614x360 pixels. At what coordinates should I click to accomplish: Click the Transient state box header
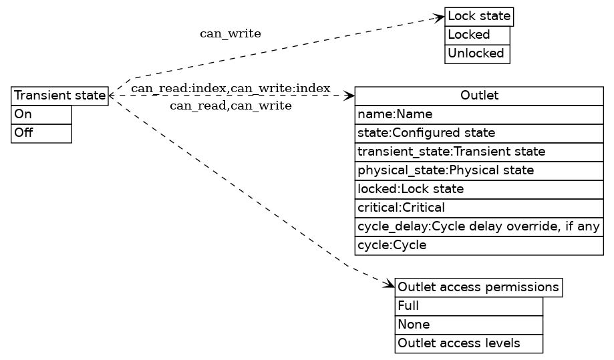pyautogui.click(x=59, y=96)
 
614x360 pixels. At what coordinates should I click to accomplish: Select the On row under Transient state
pyautogui.click(x=41, y=114)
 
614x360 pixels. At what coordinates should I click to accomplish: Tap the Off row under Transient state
pyautogui.click(x=41, y=133)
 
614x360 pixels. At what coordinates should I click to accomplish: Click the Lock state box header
pyautogui.click(x=479, y=16)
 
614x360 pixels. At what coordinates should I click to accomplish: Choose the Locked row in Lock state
pyautogui.click(x=477, y=35)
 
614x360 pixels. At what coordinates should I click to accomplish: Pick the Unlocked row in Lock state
pyautogui.click(x=477, y=53)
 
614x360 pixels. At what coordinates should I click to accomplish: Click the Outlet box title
pyautogui.click(x=479, y=96)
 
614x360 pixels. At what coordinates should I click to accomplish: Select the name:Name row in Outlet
pyautogui.click(x=479, y=114)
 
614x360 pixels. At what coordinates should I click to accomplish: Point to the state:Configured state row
pyautogui.click(x=479, y=133)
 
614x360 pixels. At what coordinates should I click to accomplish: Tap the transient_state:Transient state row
pyautogui.click(x=479, y=152)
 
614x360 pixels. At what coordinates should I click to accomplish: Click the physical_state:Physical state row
pyautogui.click(x=479, y=170)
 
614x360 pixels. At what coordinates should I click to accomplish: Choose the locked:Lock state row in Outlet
pyautogui.click(x=479, y=189)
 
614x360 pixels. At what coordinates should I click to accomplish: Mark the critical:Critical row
pyautogui.click(x=479, y=208)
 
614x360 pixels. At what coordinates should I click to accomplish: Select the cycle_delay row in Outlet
pyautogui.click(x=479, y=226)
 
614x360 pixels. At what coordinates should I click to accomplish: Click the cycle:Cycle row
pyautogui.click(x=479, y=245)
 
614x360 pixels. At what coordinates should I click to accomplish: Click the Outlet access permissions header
pyautogui.click(x=478, y=287)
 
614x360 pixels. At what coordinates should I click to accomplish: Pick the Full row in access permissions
pyautogui.click(x=468, y=306)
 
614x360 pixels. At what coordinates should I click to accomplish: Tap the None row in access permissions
pyautogui.click(x=468, y=325)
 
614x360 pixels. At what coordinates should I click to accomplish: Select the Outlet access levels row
pyautogui.click(x=468, y=343)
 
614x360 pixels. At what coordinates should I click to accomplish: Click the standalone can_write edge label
pyautogui.click(x=231, y=33)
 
